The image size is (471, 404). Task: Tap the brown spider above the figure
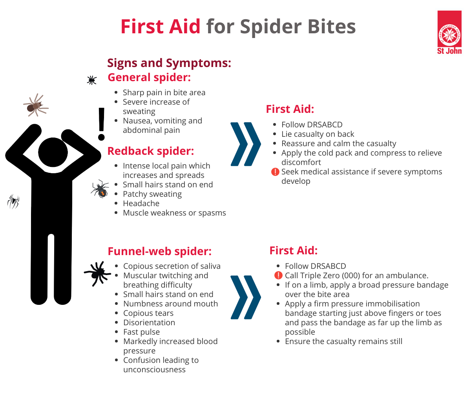click(36, 105)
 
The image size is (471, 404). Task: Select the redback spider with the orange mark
click(100, 188)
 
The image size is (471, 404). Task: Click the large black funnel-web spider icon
click(97, 273)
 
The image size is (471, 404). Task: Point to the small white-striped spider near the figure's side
click(13, 201)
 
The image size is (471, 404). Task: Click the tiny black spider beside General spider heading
click(91, 80)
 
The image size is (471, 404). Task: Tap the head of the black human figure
click(53, 152)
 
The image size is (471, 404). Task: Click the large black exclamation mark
click(101, 124)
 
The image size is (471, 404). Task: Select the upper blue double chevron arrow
click(246, 144)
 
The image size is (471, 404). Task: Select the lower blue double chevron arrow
click(246, 297)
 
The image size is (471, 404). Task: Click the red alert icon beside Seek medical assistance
click(275, 172)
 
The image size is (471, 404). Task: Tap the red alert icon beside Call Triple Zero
click(278, 275)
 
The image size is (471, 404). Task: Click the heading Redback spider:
click(151, 151)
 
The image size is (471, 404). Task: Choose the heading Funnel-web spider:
click(159, 251)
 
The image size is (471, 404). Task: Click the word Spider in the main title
click(270, 27)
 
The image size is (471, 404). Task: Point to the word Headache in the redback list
click(141, 203)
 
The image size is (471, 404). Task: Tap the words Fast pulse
click(142, 332)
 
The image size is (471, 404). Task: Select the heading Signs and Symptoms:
click(169, 63)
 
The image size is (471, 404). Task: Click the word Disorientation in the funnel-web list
click(149, 322)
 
